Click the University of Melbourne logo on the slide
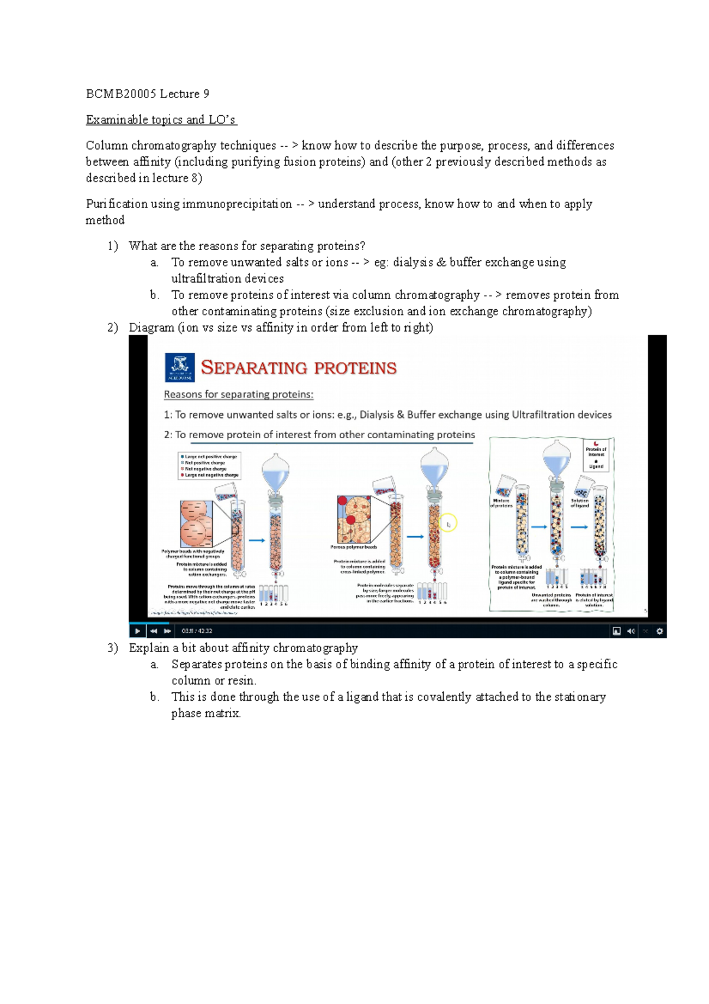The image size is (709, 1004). tap(180, 368)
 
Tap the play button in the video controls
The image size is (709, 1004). tap(137, 631)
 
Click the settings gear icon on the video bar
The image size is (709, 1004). tap(659, 631)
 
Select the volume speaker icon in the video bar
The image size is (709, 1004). tap(630, 631)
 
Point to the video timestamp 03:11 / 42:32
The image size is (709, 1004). tap(197, 631)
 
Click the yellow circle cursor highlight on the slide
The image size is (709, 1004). tap(448, 523)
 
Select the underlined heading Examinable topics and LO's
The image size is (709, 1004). tap(161, 119)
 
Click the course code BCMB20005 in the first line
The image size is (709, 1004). tap(121, 93)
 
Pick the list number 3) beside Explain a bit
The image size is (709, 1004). tap(113, 648)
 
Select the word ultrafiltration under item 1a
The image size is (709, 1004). tap(227, 278)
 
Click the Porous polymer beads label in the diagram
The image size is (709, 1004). tap(353, 547)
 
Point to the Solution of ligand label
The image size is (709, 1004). tap(579, 503)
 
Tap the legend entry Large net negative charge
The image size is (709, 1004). tap(210, 475)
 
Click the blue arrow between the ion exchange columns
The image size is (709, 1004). tap(256, 540)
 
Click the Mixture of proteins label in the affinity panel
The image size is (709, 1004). tap(501, 503)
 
